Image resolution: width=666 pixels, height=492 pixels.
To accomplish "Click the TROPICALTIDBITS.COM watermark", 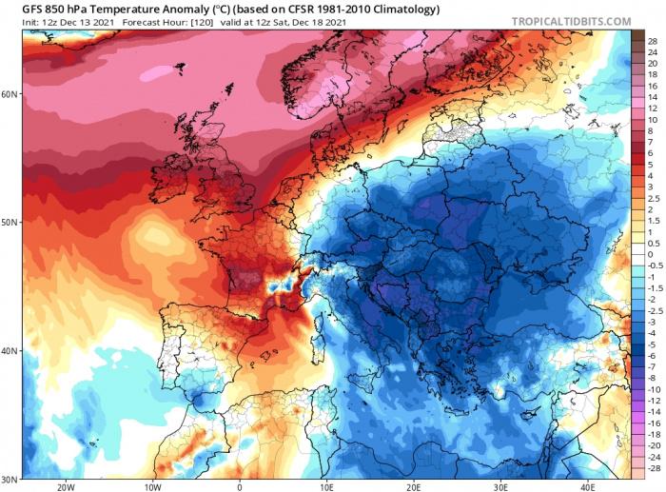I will point(570,20).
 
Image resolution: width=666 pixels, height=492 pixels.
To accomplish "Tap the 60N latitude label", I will point(10,94).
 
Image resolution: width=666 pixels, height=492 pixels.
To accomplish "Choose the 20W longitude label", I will point(66,485).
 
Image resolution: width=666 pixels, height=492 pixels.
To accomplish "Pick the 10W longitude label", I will point(152,485).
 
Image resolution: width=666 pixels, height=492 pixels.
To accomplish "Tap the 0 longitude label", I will point(240,485).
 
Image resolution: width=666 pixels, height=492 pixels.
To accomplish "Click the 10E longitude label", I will point(326,485).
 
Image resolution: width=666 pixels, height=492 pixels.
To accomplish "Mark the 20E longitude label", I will point(414,485).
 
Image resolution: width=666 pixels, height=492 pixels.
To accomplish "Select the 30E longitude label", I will point(500,485).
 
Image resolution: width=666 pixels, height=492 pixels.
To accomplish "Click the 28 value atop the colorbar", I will point(653,42).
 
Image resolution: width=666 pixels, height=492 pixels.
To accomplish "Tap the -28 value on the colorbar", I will point(653,469).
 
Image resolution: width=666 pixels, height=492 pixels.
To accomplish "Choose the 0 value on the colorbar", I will point(653,255).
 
